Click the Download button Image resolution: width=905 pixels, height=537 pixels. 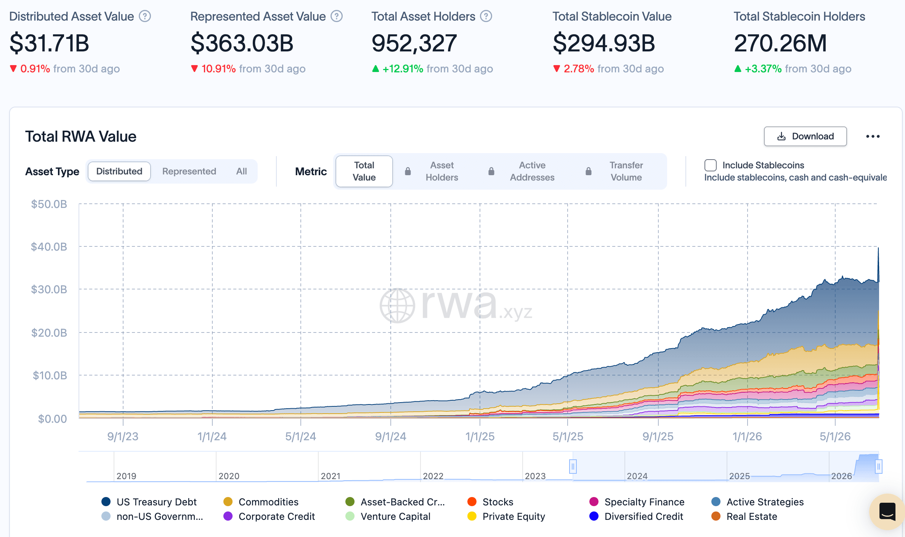click(x=805, y=136)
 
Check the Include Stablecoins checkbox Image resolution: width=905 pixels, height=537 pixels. click(x=710, y=165)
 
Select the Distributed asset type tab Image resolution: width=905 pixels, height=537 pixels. click(x=119, y=171)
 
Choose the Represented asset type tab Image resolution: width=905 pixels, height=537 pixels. click(x=189, y=171)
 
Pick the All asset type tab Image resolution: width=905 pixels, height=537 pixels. click(x=241, y=171)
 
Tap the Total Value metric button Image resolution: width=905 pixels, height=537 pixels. click(x=364, y=171)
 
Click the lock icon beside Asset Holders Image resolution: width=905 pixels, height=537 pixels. click(x=408, y=171)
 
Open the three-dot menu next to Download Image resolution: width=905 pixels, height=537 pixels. click(x=873, y=136)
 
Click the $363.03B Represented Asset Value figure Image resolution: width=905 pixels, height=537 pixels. click(x=242, y=43)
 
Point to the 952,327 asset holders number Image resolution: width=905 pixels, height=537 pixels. click(x=414, y=43)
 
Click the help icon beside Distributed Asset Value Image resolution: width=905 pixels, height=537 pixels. click(x=145, y=16)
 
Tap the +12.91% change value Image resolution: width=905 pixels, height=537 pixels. click(x=403, y=69)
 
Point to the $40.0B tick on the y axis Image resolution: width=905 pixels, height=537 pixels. click(x=49, y=247)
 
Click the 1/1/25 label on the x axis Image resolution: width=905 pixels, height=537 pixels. click(x=480, y=436)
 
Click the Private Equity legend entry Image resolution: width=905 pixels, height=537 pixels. click(x=506, y=516)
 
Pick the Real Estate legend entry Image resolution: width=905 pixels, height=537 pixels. click(x=745, y=516)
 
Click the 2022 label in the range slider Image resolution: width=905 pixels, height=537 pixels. click(x=433, y=476)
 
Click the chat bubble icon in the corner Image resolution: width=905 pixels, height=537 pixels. click(x=887, y=511)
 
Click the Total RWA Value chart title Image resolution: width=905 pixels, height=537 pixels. click(x=81, y=136)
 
